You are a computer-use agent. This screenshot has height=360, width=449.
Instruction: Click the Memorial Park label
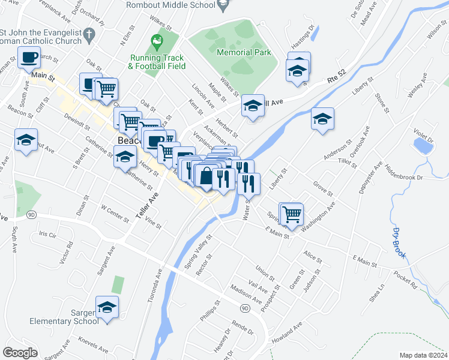pos(243,53)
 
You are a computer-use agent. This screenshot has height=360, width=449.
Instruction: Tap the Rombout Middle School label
pos(170,5)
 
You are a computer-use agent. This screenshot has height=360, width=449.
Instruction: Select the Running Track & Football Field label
pos(157,62)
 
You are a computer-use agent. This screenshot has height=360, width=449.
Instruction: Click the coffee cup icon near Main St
pos(29,58)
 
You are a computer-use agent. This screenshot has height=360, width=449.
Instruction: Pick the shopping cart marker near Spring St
pos(292,214)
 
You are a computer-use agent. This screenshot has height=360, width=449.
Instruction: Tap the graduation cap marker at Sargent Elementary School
pos(107,308)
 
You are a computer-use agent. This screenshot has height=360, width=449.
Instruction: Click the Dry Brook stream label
pos(400,242)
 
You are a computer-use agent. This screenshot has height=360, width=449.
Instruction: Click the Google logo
pos(20,353)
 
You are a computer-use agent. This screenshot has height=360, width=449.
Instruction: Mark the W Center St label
pos(115,214)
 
